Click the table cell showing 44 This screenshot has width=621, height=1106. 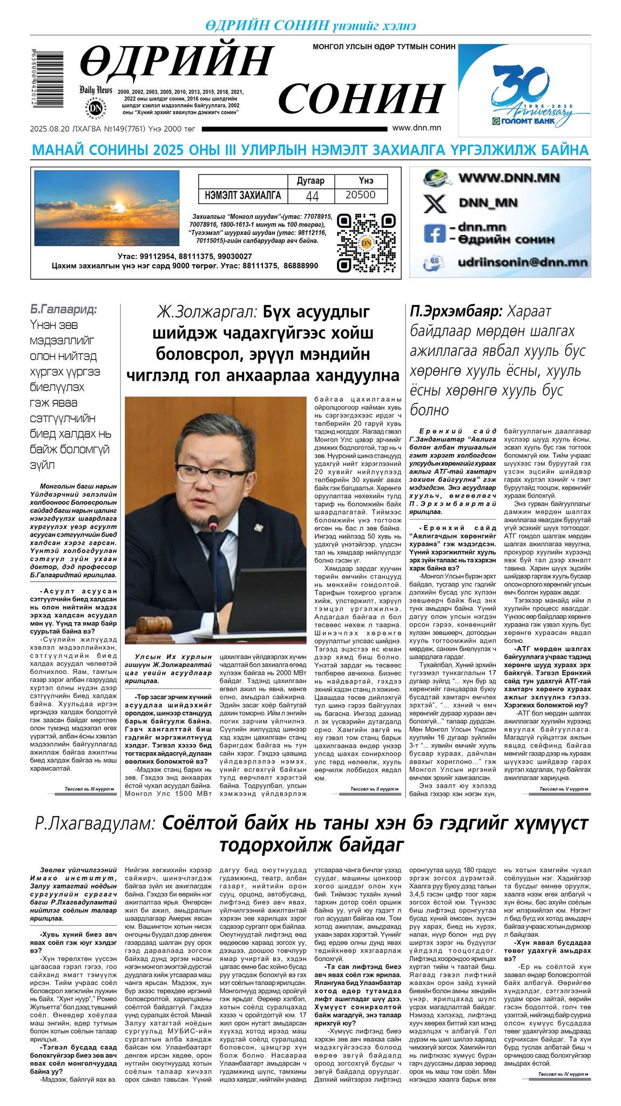point(312,196)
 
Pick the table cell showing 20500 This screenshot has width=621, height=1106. point(360,195)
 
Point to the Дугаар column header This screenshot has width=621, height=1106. point(311,181)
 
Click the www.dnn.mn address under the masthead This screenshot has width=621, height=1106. point(416,129)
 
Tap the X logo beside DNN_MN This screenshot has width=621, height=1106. point(435,204)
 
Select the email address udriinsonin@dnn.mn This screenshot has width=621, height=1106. point(522,262)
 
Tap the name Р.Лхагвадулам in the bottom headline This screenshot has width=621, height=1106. point(95,824)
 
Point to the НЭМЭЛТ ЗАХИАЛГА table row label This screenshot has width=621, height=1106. point(243,195)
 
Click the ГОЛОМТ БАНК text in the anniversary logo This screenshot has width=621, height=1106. point(525,121)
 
